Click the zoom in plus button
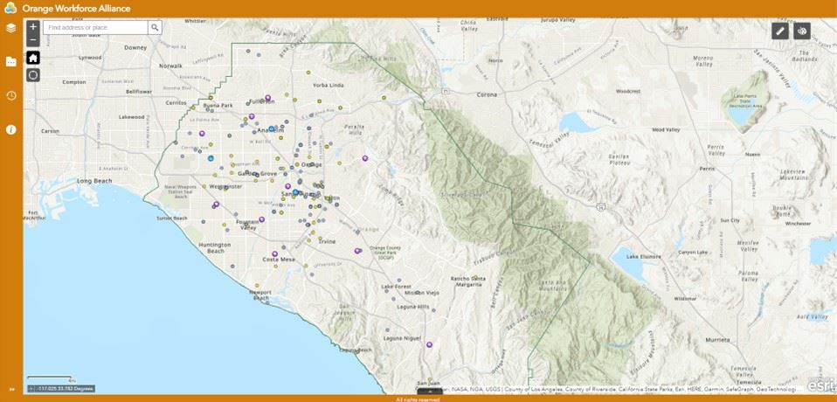coord(33,27)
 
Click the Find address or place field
coord(95,28)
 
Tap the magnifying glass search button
coord(155,28)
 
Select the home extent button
coord(33,58)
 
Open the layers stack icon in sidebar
coord(11,28)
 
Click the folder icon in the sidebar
coord(11,61)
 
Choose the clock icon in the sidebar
coord(11,95)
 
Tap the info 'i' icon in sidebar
coord(11,129)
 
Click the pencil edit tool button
coord(780,31)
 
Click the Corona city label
coord(486,94)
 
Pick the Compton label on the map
coord(74,82)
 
